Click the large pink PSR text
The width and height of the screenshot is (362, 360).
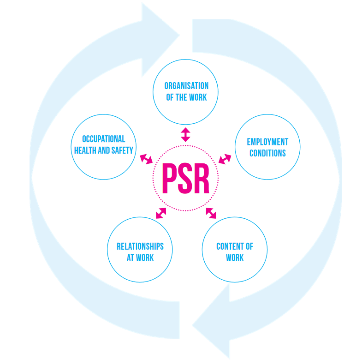click(185, 179)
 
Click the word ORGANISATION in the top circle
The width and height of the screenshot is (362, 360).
click(186, 86)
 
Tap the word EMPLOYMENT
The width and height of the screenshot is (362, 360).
click(267, 142)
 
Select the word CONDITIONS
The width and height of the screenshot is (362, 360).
click(267, 153)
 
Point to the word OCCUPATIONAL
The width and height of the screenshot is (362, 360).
click(104, 139)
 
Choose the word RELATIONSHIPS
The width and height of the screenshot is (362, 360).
click(140, 246)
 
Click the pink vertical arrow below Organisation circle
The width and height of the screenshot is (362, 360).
click(185, 134)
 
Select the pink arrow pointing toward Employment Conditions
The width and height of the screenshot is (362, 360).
click(225, 159)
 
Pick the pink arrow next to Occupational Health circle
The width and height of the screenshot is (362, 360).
click(146, 159)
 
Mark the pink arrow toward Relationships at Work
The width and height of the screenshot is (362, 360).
click(160, 213)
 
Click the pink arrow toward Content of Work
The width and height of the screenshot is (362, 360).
click(211, 213)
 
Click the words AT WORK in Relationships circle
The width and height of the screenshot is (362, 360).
click(140, 258)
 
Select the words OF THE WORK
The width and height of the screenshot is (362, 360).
click(186, 97)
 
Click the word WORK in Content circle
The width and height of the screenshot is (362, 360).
click(235, 258)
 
